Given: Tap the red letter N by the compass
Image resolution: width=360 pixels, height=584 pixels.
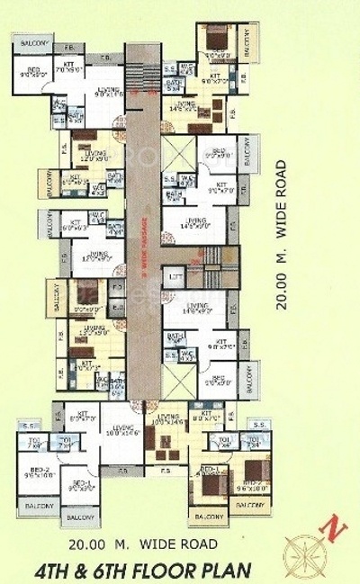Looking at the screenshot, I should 334,529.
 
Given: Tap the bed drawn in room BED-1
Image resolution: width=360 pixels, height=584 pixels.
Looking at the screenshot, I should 212,484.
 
